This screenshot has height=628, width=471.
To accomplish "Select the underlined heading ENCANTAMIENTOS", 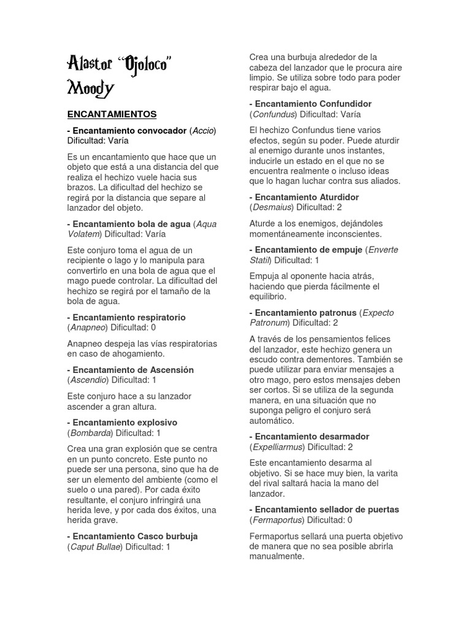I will (x=112, y=114).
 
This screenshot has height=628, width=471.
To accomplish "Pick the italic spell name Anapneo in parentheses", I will (x=90, y=327).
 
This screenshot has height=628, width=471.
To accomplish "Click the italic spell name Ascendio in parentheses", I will (x=90, y=380).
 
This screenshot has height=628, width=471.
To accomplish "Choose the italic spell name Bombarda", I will (x=90, y=433).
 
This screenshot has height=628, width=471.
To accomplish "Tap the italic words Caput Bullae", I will (x=95, y=546).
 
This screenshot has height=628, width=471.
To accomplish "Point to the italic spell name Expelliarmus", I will (x=278, y=446).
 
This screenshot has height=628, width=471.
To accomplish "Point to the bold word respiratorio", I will (x=156, y=317).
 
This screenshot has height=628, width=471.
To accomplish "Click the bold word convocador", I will (x=156, y=130).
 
